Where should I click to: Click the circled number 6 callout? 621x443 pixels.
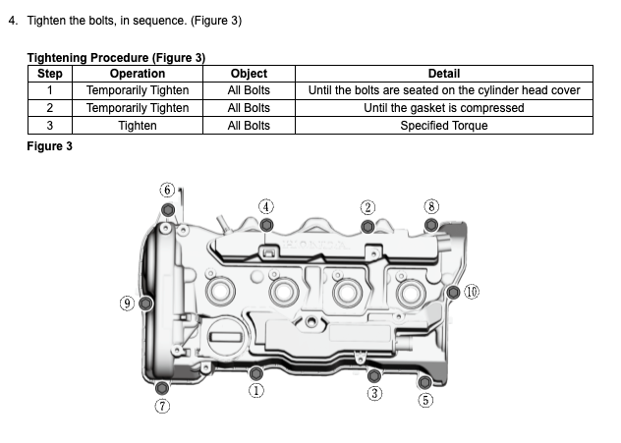167,190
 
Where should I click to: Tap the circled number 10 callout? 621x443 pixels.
472,292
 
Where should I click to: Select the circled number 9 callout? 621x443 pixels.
127,303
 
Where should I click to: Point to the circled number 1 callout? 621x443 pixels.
256,390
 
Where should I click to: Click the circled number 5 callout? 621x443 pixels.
424,400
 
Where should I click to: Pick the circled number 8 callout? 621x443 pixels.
430,206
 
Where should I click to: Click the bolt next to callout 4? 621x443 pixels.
266,224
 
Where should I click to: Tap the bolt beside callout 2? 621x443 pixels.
367,226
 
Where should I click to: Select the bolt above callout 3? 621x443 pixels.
373,375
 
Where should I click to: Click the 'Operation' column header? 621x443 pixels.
138,74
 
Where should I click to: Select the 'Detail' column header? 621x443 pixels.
444,74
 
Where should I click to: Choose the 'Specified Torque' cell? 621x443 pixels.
444,126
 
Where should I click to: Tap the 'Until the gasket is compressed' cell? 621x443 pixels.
444,108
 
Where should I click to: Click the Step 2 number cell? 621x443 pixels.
49,108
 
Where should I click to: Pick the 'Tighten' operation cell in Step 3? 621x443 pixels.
138,126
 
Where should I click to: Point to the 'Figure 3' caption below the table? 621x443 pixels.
49,145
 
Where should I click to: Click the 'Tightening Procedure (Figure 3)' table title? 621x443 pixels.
116,58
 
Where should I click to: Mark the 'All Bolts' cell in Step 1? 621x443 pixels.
249,90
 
